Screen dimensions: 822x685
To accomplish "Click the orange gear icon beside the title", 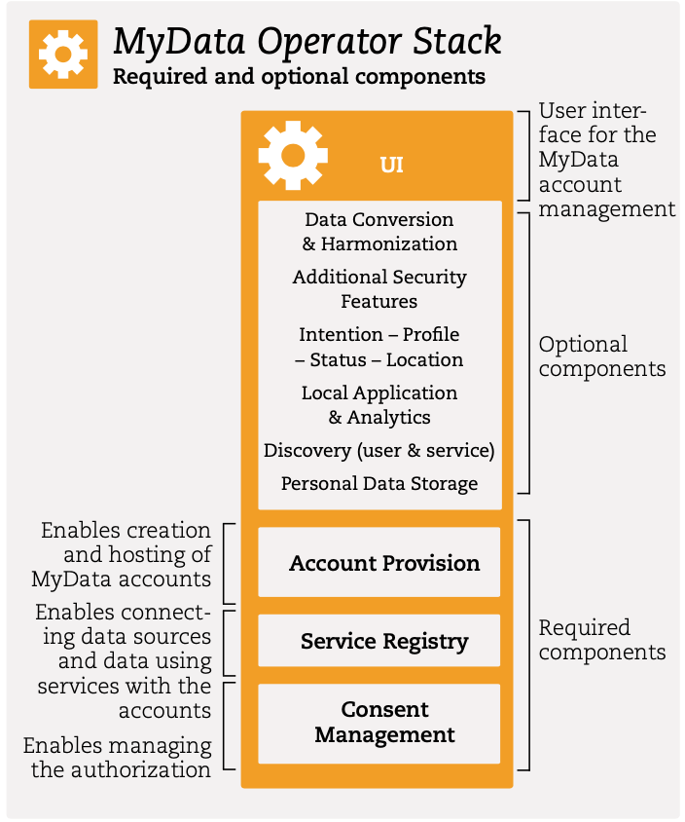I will pyautogui.click(x=63, y=55).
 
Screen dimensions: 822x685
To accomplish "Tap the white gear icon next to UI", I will pyautogui.click(x=293, y=156).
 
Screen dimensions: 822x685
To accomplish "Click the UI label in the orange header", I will pyautogui.click(x=391, y=165).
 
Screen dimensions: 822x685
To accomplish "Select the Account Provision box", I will pyautogui.click(x=379, y=563).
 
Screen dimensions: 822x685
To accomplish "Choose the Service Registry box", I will pyautogui.click(x=379, y=641).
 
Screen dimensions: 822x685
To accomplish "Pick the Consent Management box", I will pyautogui.click(x=379, y=723).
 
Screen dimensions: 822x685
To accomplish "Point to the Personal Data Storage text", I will pyautogui.click(x=379, y=483).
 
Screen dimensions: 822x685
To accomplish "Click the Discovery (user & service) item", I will pyautogui.click(x=379, y=451).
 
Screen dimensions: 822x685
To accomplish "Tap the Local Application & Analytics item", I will pyautogui.click(x=379, y=405).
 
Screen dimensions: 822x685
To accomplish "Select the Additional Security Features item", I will pyautogui.click(x=379, y=289).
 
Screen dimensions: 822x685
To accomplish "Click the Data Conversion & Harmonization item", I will pyautogui.click(x=379, y=232).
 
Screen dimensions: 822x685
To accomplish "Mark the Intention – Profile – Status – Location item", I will pyautogui.click(x=379, y=347).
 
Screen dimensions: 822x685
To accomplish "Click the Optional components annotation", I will pyautogui.click(x=601, y=356).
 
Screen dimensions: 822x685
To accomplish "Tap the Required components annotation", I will pyautogui.click(x=601, y=640).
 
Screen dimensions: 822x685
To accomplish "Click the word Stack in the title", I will pyautogui.click(x=454, y=42).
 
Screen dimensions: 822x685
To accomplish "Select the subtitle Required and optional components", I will pyautogui.click(x=299, y=76).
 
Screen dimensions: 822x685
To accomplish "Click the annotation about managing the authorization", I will pyautogui.click(x=119, y=758).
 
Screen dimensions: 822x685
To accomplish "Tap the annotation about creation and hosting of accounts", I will pyautogui.click(x=123, y=555).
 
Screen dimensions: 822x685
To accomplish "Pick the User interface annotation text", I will pyautogui.click(x=605, y=159).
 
